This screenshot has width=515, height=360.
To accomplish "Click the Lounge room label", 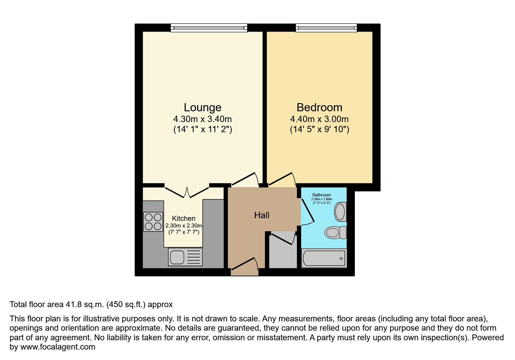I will tap(202, 108).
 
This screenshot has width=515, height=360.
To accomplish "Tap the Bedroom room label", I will tap(319, 108).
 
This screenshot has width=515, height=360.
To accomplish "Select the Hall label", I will tap(262, 215).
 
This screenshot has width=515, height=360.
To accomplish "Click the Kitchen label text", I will tap(183, 218).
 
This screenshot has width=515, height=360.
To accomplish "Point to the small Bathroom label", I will tap(322, 195).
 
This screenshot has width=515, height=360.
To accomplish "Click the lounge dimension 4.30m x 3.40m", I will tap(202, 119).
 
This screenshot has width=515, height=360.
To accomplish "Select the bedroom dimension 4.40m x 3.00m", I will tap(319, 119).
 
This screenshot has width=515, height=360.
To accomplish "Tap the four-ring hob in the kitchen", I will tap(153, 222).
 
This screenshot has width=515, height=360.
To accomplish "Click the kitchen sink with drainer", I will tap(185, 257).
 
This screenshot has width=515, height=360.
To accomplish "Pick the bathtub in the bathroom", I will tap(324, 258).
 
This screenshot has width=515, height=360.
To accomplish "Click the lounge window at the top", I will tap(209, 28).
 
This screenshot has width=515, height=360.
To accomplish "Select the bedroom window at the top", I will tap(326, 28).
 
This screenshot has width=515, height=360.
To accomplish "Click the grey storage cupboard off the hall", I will tap(282, 253).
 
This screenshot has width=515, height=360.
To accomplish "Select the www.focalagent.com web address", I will tap(58, 347).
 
